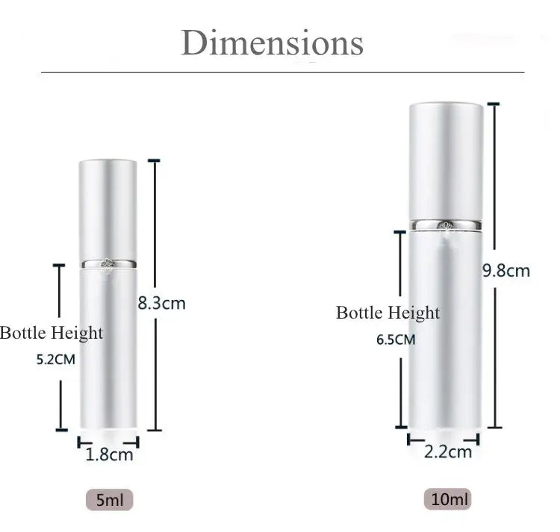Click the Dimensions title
pyautogui.click(x=272, y=43)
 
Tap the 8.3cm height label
pyautogui.click(x=161, y=303)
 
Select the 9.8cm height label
pyautogui.click(x=505, y=270)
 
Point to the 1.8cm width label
pyautogui.click(x=110, y=454)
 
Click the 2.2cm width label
pyautogui.click(x=448, y=451)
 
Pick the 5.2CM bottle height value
pyautogui.click(x=56, y=359)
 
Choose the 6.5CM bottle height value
pyautogui.click(x=396, y=339)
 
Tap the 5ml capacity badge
pyautogui.click(x=109, y=499)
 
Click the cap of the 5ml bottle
pyautogui.click(x=108, y=209)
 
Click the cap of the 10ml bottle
pyautogui.click(x=446, y=160)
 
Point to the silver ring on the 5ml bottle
pyautogui.click(x=108, y=263)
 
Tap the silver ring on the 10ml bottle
pyautogui.click(x=446, y=224)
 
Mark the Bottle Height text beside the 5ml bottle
pyautogui.click(x=51, y=333)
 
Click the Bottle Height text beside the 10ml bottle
pyautogui.click(x=388, y=313)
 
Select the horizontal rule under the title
pyautogui.click(x=282, y=72)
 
